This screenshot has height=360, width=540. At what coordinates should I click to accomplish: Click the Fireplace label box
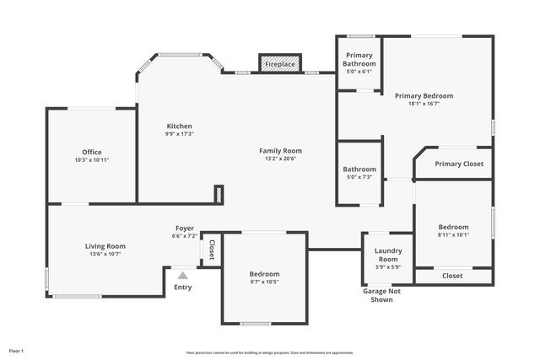tap(280, 64)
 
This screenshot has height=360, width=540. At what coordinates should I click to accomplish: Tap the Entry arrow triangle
tap(183, 274)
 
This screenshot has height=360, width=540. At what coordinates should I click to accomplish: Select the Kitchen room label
tap(179, 126)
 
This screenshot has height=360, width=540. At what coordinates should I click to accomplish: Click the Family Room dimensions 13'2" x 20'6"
tap(280, 159)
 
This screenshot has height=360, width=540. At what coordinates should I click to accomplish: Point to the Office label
tap(91, 152)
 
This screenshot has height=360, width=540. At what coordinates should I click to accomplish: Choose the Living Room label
tap(105, 246)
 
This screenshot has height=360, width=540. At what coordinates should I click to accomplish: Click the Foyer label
tap(185, 228)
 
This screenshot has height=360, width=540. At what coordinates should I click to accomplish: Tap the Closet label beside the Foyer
tap(212, 250)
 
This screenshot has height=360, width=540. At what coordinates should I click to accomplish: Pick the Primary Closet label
tap(459, 164)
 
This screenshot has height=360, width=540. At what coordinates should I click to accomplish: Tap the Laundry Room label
tap(388, 255)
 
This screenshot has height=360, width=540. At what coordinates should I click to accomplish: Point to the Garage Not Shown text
tap(381, 295)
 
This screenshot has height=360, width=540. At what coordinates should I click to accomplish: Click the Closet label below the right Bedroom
tap(452, 276)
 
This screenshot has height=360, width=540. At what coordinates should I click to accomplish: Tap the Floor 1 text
tap(17, 350)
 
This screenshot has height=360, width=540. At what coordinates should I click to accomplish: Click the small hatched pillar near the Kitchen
tap(219, 194)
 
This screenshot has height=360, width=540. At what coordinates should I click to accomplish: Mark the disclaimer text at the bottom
tap(270, 352)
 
